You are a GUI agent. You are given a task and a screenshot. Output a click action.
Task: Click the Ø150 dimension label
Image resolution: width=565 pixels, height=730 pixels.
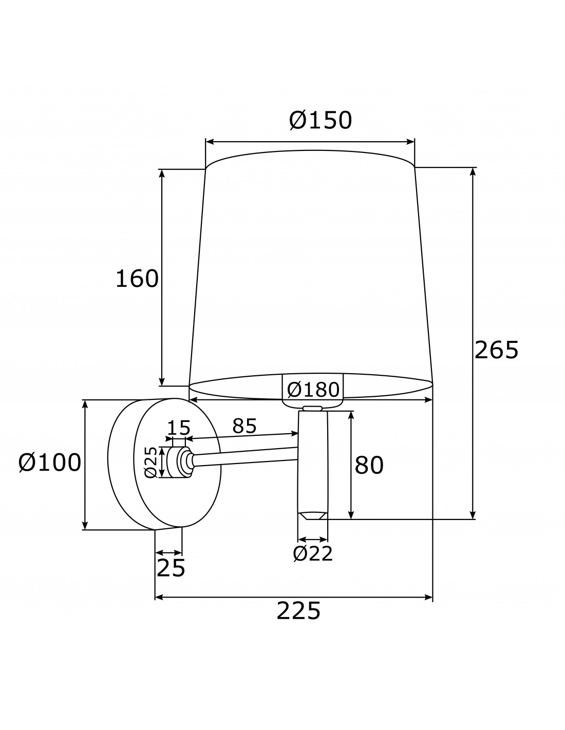click(321, 120)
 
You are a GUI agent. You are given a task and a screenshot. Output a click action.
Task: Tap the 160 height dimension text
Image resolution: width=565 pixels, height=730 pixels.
click(137, 278)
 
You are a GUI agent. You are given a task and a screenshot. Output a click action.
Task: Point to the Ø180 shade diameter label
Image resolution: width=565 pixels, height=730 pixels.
click(313, 390)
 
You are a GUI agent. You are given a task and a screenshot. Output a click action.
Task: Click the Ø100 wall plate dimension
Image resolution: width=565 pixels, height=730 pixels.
click(50, 462)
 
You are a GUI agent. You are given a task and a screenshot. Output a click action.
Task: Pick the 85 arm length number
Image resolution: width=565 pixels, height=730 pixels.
click(244, 426)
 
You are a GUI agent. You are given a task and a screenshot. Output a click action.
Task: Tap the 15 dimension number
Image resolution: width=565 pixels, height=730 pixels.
click(178, 428)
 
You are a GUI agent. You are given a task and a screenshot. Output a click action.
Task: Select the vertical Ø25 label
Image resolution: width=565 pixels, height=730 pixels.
click(151, 462)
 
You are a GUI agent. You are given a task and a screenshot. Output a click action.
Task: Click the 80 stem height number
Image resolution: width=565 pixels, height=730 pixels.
click(369, 465)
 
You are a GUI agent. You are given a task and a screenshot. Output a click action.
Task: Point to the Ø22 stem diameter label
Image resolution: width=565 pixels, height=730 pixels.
click(313, 553)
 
